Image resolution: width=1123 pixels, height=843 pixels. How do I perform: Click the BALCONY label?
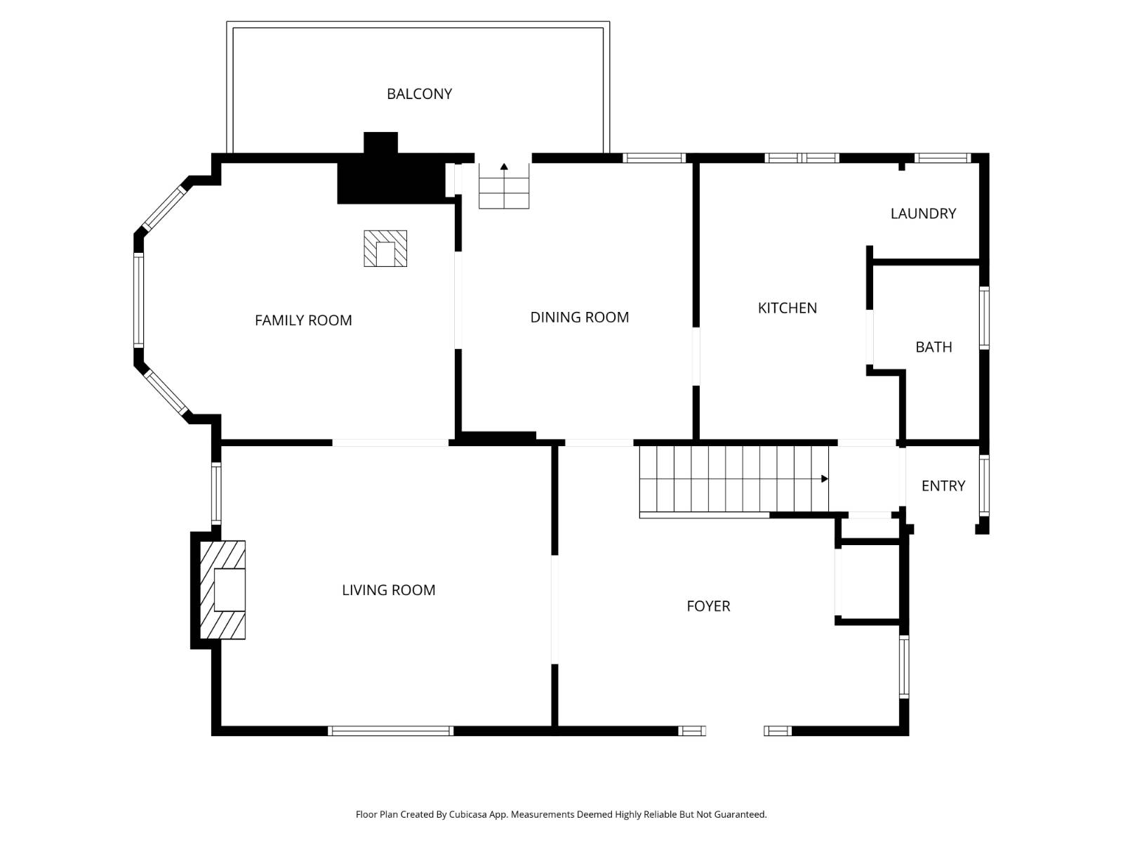click(419, 93)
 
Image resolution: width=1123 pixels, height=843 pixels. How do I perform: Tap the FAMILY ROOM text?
click(303, 320)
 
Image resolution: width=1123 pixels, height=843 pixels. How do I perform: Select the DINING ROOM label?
click(579, 318)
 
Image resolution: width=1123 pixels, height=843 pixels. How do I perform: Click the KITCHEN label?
click(787, 308)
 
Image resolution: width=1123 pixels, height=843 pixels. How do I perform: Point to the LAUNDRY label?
click(923, 214)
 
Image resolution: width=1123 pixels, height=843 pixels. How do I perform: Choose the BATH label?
click(933, 347)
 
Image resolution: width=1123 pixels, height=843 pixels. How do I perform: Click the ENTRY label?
click(943, 486)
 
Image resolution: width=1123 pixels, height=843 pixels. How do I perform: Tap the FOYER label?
click(708, 606)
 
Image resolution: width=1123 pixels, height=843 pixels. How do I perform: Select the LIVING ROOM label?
click(388, 590)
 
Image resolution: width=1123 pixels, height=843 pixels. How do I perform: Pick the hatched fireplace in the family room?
click(385, 249)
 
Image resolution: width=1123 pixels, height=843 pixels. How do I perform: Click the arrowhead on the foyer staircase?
click(825, 479)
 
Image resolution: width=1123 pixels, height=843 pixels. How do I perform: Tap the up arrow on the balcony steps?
click(504, 167)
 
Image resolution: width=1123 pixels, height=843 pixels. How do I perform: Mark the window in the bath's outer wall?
click(984, 318)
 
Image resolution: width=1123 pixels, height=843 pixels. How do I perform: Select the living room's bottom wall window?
click(390, 731)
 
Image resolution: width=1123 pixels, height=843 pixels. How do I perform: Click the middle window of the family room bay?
click(138, 300)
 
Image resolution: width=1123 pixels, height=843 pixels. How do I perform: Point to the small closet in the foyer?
click(869, 582)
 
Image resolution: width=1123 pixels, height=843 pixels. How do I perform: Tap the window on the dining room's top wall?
click(653, 158)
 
